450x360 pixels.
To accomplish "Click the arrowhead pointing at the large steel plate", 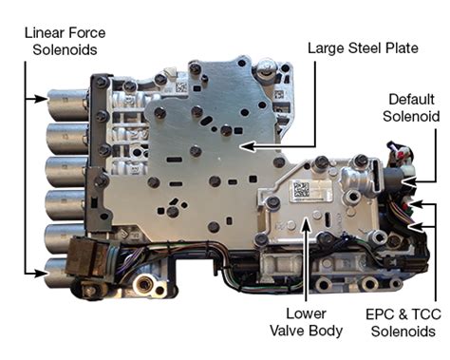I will pyautogui.click(x=243, y=146).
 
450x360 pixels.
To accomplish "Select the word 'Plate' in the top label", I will pyautogui.click(x=396, y=44).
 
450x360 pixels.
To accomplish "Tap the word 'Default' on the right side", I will pyautogui.click(x=409, y=98).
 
